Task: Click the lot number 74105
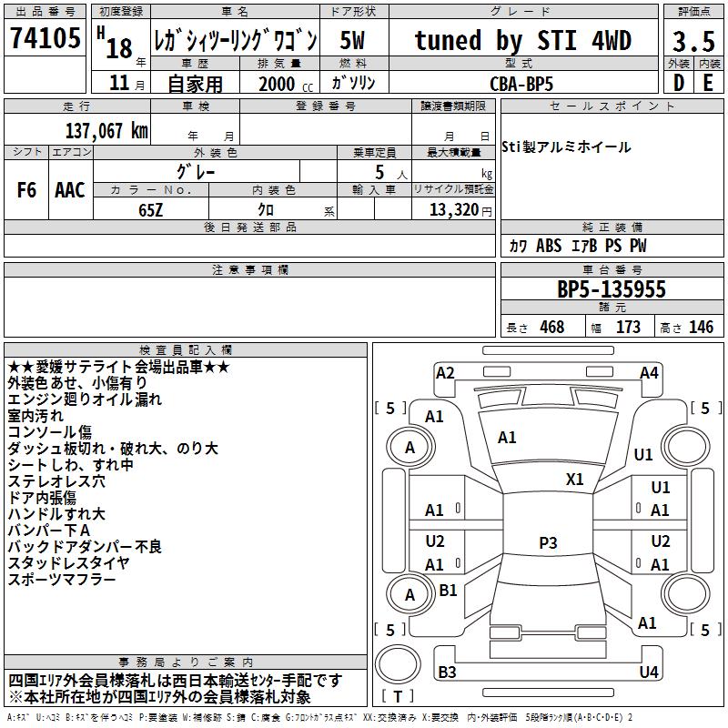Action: point(45,38)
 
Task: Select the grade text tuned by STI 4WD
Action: point(522,40)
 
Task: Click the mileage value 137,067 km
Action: point(106,130)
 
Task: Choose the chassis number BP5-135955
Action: point(611,289)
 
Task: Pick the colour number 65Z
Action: point(151,208)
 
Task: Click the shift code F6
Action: point(27,190)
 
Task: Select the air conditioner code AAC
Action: point(70,190)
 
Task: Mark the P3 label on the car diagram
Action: point(548,542)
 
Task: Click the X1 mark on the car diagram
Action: point(575,479)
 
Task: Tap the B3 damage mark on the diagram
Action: point(447,672)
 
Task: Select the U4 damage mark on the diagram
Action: point(648,672)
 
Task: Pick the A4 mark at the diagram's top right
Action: point(649,372)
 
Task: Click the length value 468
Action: point(551,328)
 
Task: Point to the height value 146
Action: point(701,328)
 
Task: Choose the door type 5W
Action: point(354,40)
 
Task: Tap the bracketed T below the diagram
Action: point(398,697)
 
